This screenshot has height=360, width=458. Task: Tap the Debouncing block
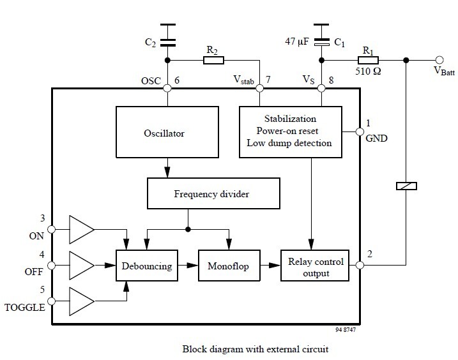point(147,266)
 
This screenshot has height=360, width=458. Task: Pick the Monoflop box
point(228,266)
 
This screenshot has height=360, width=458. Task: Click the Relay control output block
point(316,267)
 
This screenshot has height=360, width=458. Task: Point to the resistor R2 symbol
point(213,61)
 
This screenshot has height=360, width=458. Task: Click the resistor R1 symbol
point(367,61)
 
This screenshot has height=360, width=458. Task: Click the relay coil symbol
point(407,185)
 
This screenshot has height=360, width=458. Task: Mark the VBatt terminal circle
point(439,61)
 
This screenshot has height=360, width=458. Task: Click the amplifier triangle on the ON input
point(81,229)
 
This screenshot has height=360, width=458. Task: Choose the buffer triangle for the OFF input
point(81,262)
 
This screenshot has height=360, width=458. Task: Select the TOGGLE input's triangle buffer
point(81,298)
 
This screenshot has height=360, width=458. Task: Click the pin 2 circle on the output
point(360,265)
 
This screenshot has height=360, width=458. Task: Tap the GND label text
point(376,137)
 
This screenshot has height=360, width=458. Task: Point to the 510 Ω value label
point(368,71)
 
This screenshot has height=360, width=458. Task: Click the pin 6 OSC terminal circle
point(167,89)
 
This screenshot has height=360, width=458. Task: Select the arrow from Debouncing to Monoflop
point(188,265)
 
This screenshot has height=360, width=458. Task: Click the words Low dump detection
point(289,143)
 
